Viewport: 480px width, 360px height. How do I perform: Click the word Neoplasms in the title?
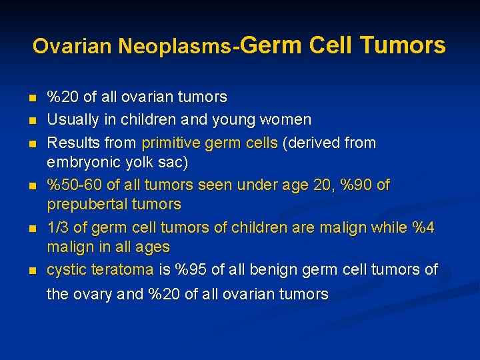[174, 46]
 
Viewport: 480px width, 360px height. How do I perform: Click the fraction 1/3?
[57, 227]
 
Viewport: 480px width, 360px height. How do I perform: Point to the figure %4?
[423, 227]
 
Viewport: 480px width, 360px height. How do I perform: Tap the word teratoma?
[121, 269]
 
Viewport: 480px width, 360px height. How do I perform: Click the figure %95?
[191, 269]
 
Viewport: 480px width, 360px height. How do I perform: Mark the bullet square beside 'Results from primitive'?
[31, 143]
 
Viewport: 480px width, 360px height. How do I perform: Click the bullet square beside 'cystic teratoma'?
[31, 270]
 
